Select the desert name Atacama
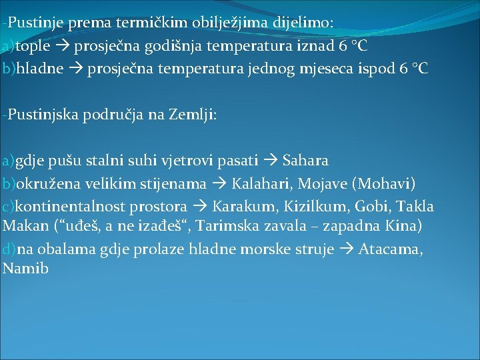coord(390,249)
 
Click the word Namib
coord(26,269)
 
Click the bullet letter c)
coord(9,206)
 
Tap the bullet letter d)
coord(9,249)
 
